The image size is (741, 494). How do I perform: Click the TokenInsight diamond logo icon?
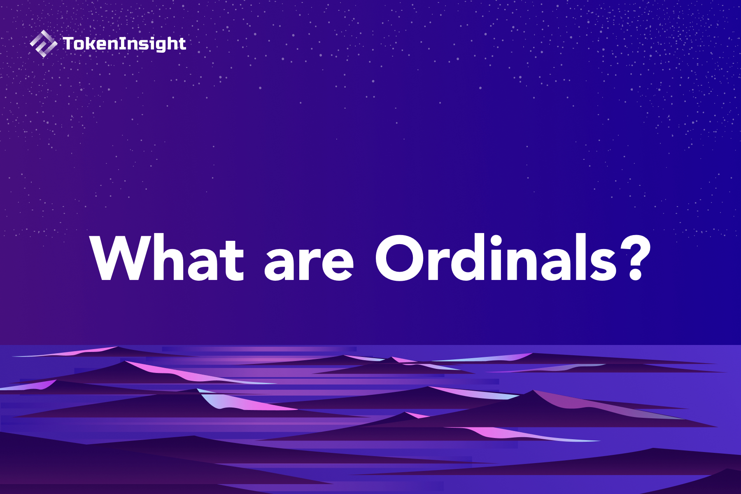[x=43, y=44]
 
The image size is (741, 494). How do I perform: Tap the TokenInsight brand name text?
[x=124, y=44]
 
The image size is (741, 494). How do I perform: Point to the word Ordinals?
[x=496, y=259]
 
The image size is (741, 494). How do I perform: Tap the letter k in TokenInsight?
[x=90, y=44]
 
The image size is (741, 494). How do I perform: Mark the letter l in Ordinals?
[x=578, y=258]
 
